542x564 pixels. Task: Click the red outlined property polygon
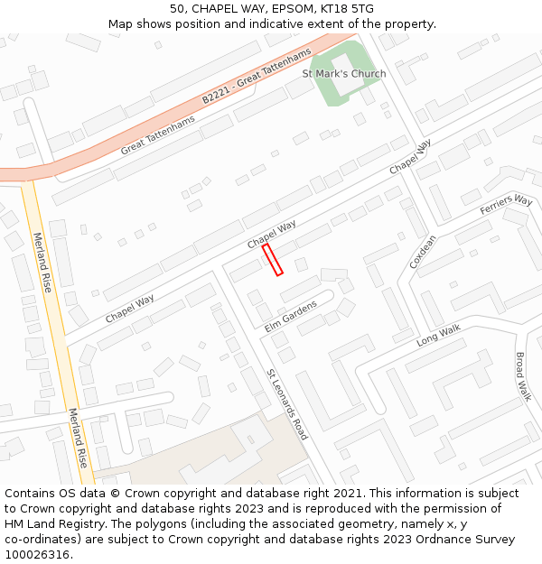(x=273, y=259)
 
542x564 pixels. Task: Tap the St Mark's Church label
(x=343, y=74)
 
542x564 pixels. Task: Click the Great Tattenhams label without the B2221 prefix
(x=157, y=135)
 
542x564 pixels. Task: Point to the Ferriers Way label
(x=506, y=204)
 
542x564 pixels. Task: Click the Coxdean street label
(x=423, y=252)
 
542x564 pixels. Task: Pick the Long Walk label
(x=438, y=337)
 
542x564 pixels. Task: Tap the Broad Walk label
(x=522, y=376)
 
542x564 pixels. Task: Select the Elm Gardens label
(x=291, y=317)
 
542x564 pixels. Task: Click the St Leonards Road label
(x=287, y=405)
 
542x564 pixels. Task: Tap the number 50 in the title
(x=177, y=9)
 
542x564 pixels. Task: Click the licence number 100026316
(x=38, y=554)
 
